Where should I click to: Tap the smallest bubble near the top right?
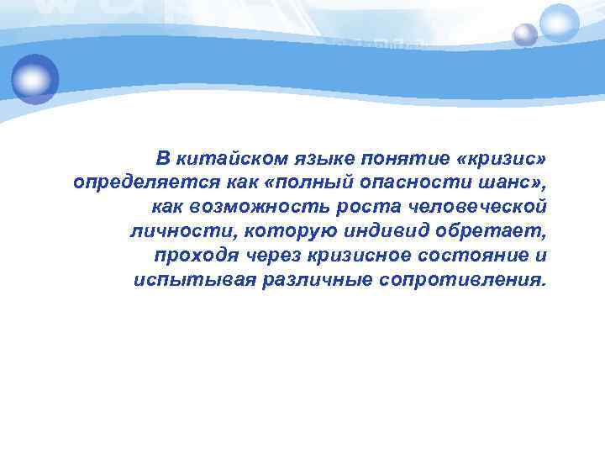(x=525, y=34)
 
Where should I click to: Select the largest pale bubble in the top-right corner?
(x=560, y=23)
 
